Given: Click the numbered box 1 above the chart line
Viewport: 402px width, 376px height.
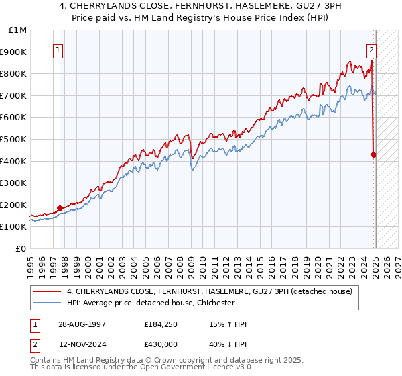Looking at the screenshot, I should pyautogui.click(x=58, y=49).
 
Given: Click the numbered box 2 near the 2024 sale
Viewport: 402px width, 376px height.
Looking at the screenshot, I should pyautogui.click(x=371, y=49).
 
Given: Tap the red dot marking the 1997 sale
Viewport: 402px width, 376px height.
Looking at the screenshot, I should pyautogui.click(x=60, y=208).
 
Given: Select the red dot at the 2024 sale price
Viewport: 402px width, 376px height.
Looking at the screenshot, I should pyautogui.click(x=374, y=154).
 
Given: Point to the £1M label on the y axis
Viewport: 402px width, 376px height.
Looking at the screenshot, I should pyautogui.click(x=17, y=30).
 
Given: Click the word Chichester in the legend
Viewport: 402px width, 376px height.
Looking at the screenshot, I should pyautogui.click(x=214, y=303).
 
